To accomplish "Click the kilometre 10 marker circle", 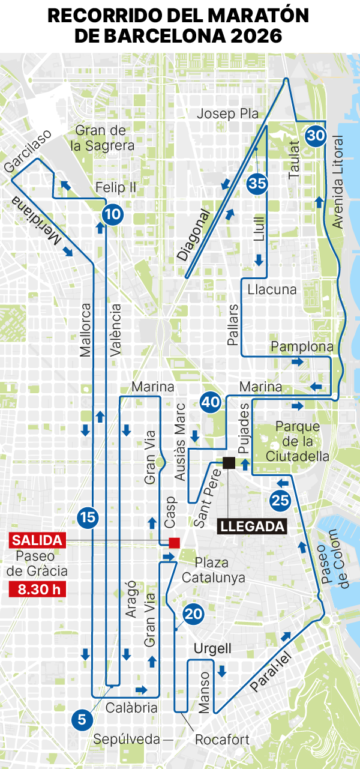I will click(x=112, y=213).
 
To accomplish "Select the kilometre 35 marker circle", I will click(x=257, y=184).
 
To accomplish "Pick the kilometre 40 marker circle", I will click(x=211, y=403).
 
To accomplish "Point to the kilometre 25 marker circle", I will click(x=280, y=499).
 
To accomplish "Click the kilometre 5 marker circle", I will click(x=82, y=719).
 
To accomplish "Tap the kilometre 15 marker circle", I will click(x=88, y=516).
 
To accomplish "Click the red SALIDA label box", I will click(x=37, y=540).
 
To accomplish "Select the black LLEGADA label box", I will click(x=252, y=526).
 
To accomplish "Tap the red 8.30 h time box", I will click(x=37, y=589).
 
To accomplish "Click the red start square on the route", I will click(x=174, y=543).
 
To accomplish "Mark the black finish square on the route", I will click(x=229, y=462).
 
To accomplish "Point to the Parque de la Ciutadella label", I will click(x=302, y=441).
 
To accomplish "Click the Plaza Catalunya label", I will click(x=213, y=570).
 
